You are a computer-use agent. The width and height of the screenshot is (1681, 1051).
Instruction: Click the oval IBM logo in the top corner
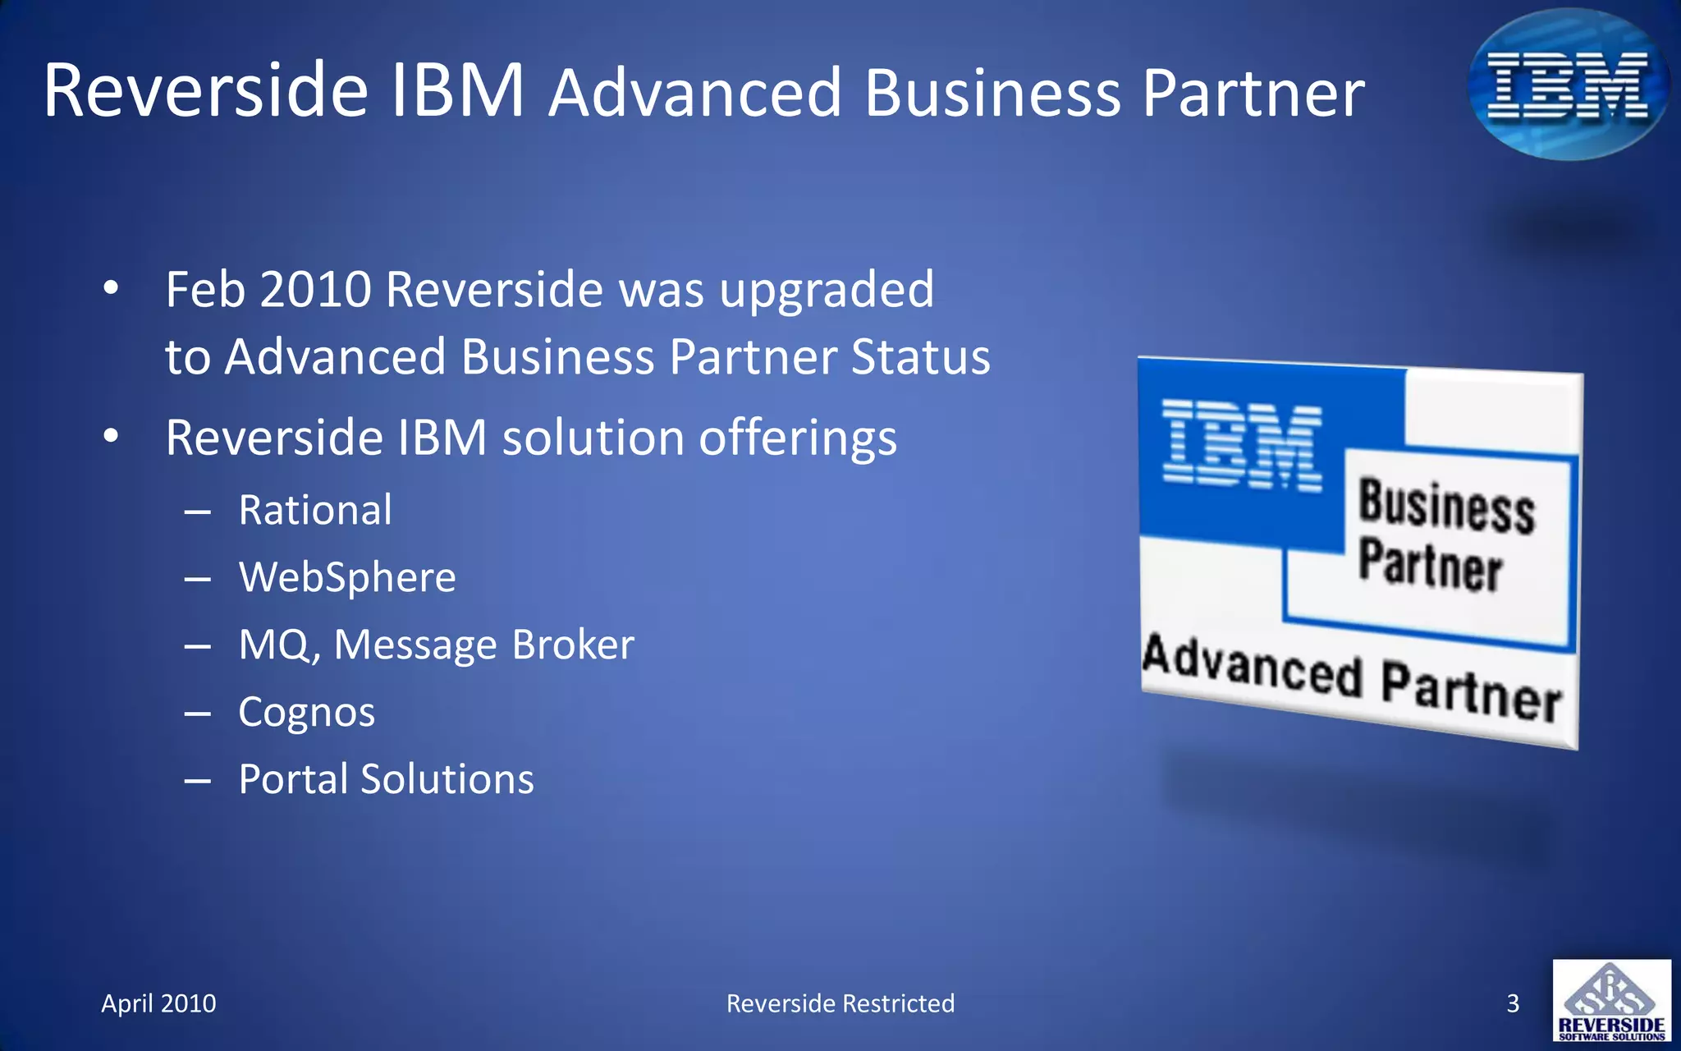(x=1568, y=84)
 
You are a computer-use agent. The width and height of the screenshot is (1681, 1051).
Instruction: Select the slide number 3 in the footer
(x=1513, y=1003)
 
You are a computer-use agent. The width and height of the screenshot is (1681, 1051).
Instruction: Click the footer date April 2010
(x=158, y=1003)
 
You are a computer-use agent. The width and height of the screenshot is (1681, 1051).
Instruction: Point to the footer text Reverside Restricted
(x=840, y=1003)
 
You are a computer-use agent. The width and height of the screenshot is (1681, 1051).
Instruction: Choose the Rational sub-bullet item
(x=315, y=510)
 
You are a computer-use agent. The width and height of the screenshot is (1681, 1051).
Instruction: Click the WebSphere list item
(x=347, y=577)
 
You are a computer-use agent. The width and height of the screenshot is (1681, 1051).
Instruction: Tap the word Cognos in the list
(x=306, y=712)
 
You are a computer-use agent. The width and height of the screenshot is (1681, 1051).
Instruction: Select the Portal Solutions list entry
(x=386, y=779)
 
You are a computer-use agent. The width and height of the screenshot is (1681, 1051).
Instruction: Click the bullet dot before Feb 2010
(x=111, y=288)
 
